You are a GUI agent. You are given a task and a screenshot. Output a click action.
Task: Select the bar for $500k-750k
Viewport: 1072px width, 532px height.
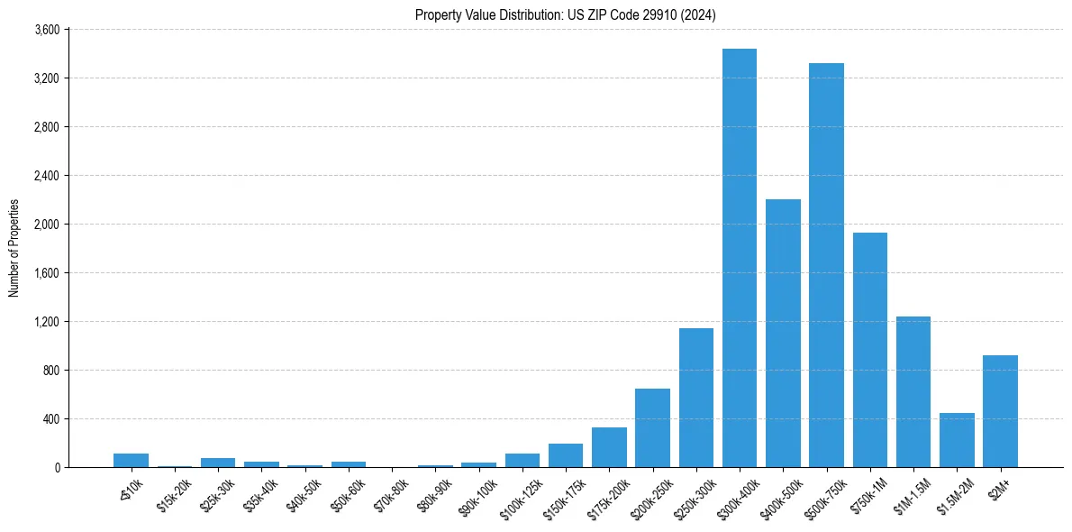click(826, 265)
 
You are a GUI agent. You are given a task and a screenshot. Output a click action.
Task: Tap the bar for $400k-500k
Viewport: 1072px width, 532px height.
click(783, 334)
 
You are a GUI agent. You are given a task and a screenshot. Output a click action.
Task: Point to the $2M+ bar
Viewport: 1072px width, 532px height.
click(1000, 411)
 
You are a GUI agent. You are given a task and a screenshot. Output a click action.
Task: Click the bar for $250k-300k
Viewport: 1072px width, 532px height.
click(696, 398)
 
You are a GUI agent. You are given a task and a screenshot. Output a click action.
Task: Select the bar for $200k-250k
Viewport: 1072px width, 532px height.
click(652, 428)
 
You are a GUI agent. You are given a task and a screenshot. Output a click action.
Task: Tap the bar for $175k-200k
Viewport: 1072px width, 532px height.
click(609, 447)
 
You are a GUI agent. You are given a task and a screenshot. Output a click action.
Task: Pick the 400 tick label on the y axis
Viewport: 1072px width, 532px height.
click(50, 419)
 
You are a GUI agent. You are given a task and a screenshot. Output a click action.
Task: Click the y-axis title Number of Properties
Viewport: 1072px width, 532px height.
click(14, 248)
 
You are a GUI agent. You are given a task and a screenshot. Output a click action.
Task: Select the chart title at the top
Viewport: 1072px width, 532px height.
click(566, 14)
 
